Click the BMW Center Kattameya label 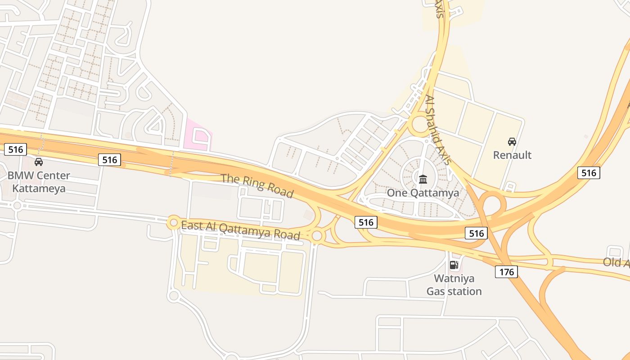coord(39,182)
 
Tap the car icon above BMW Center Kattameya coord(39,162)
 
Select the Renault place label coord(512,155)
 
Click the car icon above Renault coord(512,142)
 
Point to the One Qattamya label coord(423,193)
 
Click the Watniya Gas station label coord(454,285)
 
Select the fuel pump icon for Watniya coord(454,265)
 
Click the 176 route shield coord(506,272)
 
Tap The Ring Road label coord(257,185)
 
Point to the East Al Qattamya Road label coord(240,230)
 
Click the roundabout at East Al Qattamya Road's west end coord(174,222)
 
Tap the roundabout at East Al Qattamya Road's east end coord(317,236)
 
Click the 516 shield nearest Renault coord(588,173)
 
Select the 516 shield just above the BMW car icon coord(15,149)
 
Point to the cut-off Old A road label coord(616,262)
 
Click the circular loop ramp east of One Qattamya coord(494,205)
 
